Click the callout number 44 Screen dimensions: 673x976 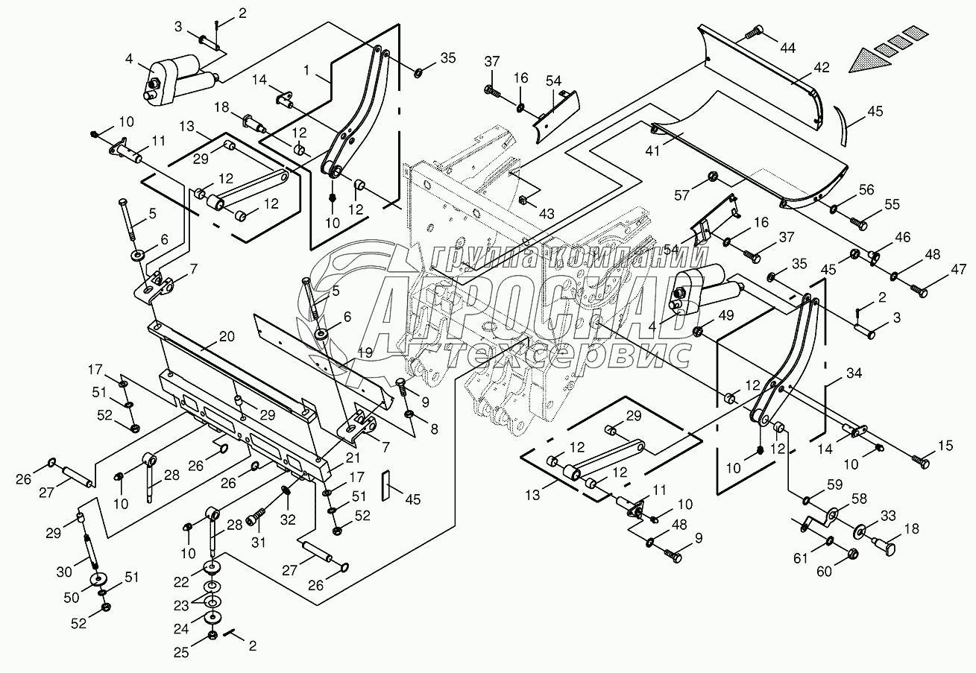787,48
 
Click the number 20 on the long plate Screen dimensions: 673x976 227,336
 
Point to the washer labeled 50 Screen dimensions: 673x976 97,579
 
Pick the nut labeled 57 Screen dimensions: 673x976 712,177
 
